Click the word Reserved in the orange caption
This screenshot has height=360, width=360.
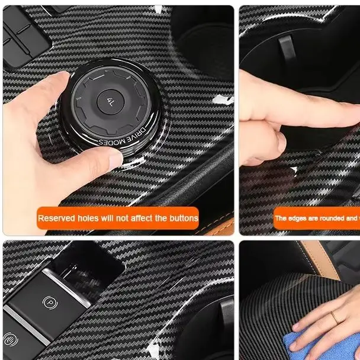(55, 218)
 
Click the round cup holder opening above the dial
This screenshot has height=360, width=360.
(201, 30)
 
